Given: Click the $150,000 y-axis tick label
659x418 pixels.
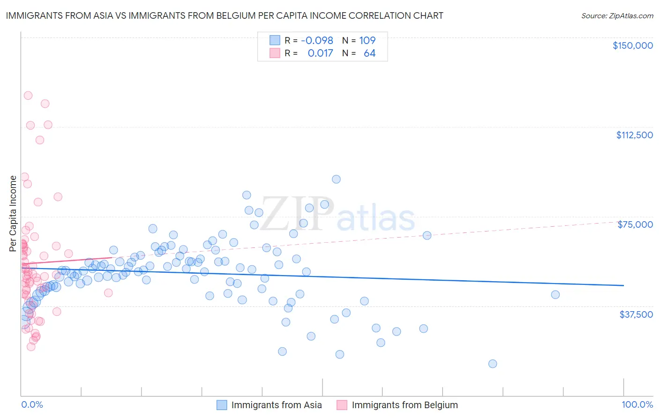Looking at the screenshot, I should click(x=632, y=45).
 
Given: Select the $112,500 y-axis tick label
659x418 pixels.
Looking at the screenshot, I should click(x=634, y=135).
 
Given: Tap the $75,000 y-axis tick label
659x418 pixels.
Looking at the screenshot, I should click(x=635, y=224).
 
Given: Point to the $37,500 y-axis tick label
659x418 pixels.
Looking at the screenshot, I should click(x=636, y=314).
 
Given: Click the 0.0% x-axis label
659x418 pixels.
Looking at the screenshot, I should click(x=32, y=405).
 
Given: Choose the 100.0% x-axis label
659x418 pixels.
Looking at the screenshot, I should click(x=637, y=405).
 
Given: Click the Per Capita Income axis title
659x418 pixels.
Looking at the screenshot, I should click(x=13, y=213).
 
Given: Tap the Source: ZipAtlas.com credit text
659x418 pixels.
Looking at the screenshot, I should click(x=617, y=16).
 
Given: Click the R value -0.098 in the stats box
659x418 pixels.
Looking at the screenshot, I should click(x=317, y=41).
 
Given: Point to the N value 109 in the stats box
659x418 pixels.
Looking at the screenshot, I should click(x=367, y=41).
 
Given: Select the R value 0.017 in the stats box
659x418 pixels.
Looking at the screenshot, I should click(x=320, y=53).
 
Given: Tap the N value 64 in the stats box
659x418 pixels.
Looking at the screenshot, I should click(x=369, y=53).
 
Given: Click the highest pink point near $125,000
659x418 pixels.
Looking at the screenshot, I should click(x=28, y=96).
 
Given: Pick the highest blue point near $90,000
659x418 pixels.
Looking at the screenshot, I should click(x=336, y=179).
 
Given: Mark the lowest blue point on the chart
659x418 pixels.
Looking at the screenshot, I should click(x=493, y=364).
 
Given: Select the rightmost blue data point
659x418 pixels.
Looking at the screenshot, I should click(x=555, y=295).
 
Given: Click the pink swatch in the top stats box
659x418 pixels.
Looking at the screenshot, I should click(x=275, y=53).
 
